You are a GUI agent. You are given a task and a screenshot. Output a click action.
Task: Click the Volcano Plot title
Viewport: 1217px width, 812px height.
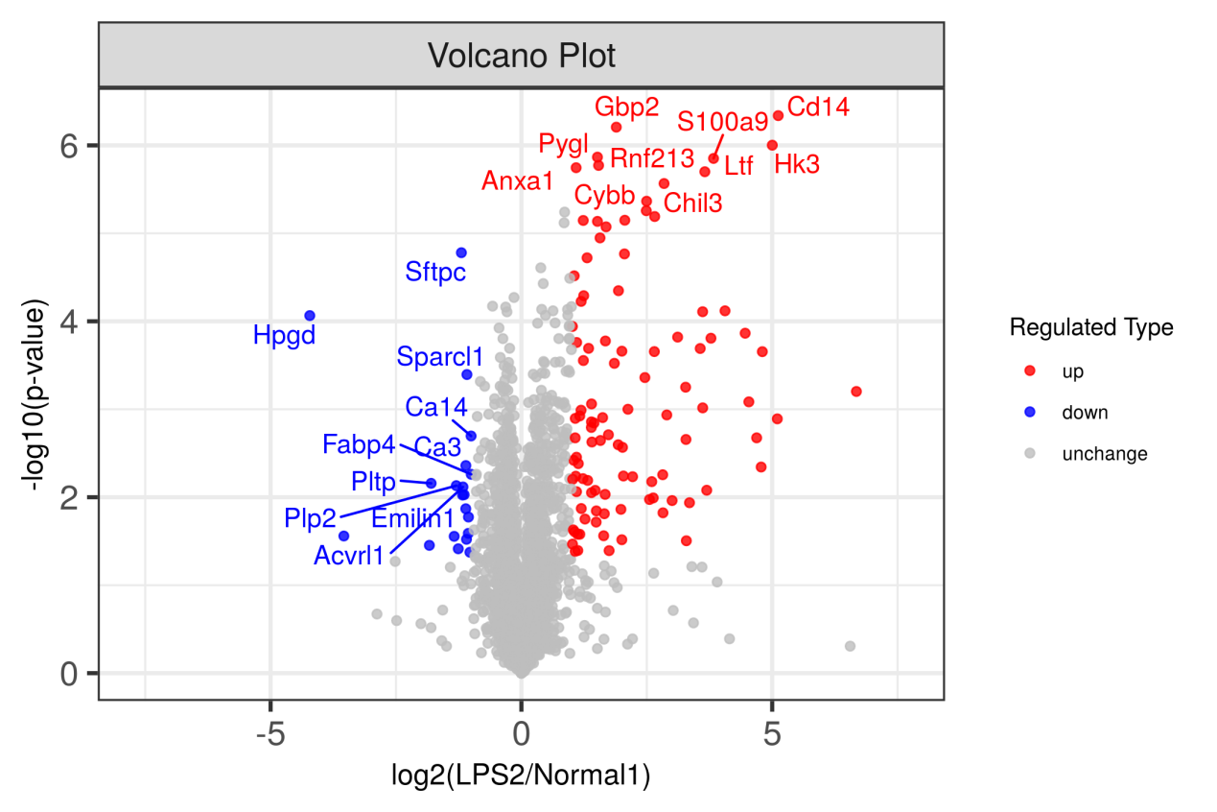[x=521, y=56]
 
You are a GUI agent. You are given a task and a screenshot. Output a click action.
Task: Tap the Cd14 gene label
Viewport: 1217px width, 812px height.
[x=818, y=107]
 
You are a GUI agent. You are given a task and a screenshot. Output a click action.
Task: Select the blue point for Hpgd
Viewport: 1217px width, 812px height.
[x=310, y=316]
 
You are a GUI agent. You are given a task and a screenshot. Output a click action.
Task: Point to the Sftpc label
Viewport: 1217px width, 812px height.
[x=435, y=272]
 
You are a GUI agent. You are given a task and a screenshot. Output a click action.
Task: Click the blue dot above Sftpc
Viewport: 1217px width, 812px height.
[x=461, y=252]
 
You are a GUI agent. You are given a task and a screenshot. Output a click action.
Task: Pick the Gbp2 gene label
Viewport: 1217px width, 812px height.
[x=627, y=107]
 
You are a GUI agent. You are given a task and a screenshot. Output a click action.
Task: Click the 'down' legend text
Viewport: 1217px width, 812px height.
[x=1084, y=413]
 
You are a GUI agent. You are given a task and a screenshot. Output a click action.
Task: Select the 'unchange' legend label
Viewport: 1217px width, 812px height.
[x=1104, y=454]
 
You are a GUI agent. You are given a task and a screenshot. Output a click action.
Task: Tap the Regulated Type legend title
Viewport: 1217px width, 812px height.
[x=1091, y=327]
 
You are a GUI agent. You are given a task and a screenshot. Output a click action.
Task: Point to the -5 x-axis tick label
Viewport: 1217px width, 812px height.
[x=270, y=732]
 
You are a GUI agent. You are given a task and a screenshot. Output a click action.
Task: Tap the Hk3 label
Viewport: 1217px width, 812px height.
[x=797, y=164]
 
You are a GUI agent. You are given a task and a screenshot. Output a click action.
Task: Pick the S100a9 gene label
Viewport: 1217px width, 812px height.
[x=722, y=122]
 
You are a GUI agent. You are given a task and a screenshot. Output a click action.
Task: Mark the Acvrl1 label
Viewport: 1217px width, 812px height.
[x=349, y=555]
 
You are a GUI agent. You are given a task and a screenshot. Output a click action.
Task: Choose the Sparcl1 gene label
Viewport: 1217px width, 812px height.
[x=440, y=357]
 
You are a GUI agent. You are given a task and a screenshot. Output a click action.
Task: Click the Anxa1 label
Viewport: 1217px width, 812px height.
[x=518, y=181]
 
